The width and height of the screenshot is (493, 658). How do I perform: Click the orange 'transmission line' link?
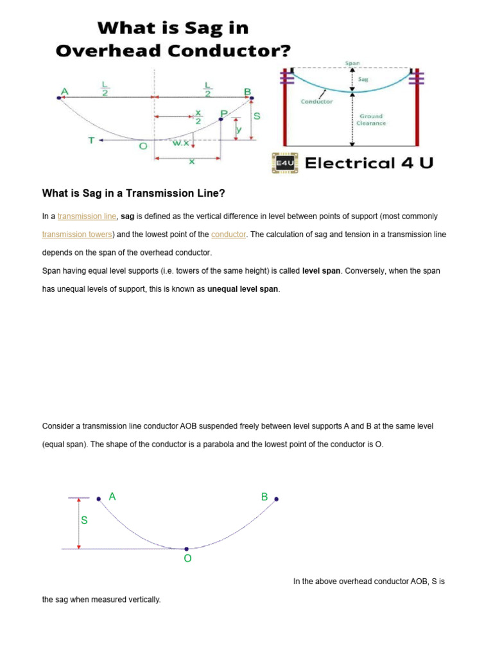tap(87, 217)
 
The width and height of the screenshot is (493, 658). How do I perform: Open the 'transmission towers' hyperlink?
tap(78, 235)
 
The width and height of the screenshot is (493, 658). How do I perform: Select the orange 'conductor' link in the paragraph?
tap(229, 235)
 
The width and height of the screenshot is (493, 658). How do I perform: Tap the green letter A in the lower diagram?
tap(112, 496)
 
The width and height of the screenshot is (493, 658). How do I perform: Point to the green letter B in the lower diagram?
tap(264, 497)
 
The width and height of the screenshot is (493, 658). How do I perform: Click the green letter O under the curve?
tap(187, 559)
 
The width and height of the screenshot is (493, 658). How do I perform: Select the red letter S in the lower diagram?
tap(84, 520)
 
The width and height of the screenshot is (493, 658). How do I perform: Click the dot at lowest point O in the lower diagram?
tap(186, 549)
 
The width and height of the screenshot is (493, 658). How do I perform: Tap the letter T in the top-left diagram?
tap(91, 139)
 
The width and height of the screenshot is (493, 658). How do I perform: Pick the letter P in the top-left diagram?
tap(223, 114)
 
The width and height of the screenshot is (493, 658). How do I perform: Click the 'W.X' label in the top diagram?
tap(180, 143)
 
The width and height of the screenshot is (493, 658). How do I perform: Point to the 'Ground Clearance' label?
tap(372, 120)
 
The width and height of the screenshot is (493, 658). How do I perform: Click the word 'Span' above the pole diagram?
tap(352, 63)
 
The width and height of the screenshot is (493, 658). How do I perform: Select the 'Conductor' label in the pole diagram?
tap(316, 102)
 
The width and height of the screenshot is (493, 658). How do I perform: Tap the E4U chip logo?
tap(284, 163)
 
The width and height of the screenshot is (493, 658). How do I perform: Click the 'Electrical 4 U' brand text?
tap(368, 163)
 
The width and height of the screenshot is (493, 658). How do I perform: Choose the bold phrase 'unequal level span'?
tap(243, 289)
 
